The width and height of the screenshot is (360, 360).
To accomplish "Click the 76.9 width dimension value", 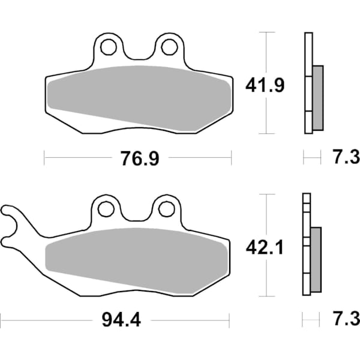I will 137,158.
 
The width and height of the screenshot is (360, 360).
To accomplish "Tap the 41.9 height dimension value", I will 264,85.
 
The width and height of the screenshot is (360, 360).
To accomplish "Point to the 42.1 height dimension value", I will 264,247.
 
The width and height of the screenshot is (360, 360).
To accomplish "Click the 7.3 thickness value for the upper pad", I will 345,158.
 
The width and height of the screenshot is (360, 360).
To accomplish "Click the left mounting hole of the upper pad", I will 109,47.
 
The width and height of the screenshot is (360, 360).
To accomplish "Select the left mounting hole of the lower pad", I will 106,209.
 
